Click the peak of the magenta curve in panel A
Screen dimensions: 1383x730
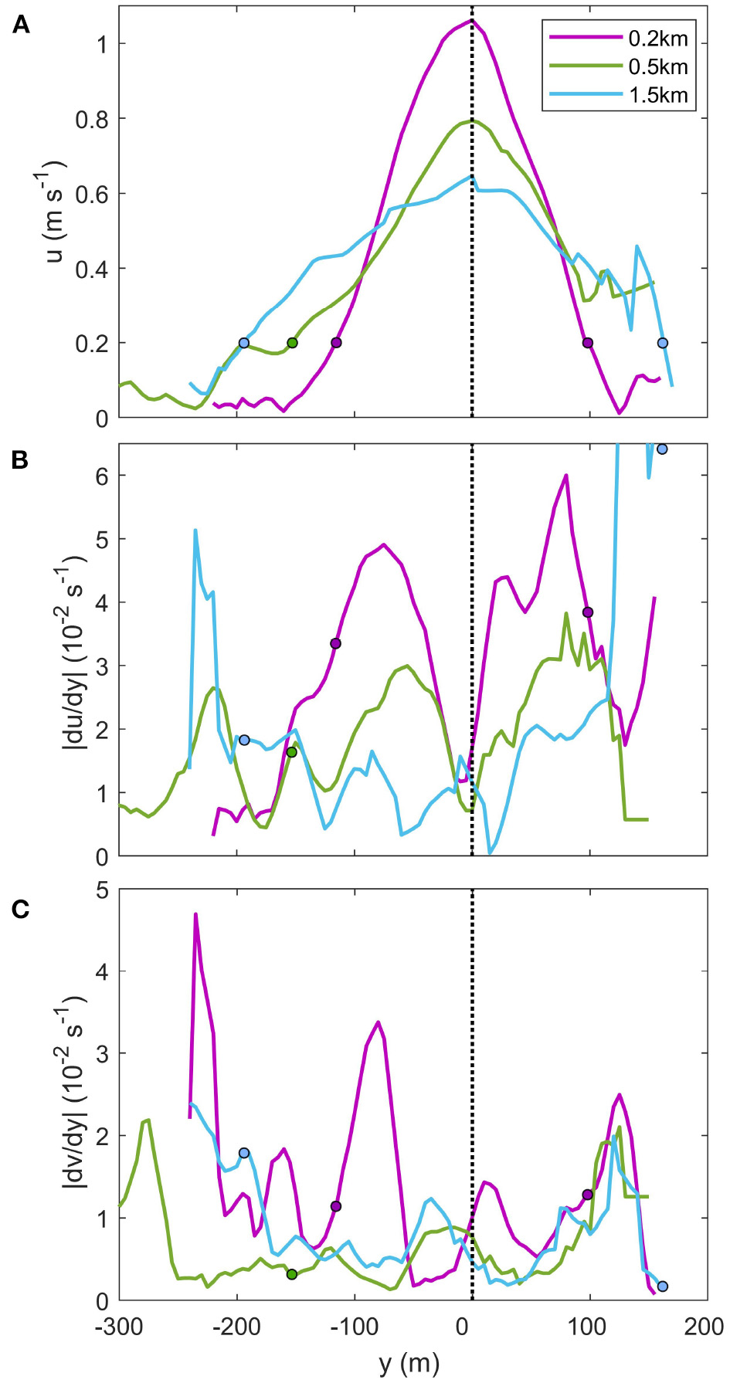[470, 21]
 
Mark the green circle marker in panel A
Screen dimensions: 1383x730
[292, 343]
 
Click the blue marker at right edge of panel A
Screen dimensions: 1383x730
[662, 343]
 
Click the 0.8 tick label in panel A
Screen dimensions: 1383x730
[90, 119]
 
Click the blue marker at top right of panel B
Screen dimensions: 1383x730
[661, 449]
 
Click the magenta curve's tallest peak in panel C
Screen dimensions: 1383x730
[195, 914]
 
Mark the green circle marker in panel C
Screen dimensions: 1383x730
[291, 1274]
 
